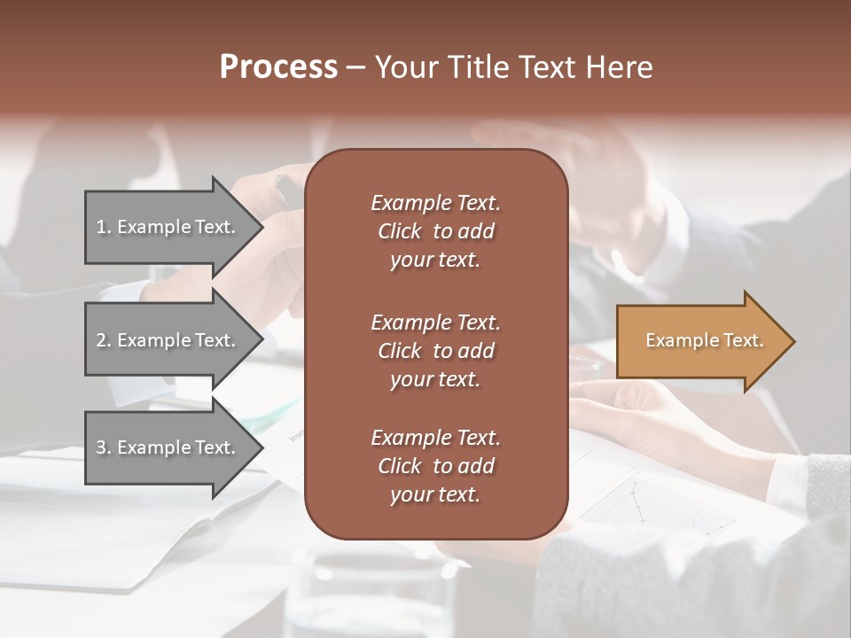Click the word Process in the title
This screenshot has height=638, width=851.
278,67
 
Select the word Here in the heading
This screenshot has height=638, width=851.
620,67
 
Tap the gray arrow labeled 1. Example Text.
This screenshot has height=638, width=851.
168,227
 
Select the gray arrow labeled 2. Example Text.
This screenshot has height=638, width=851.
168,340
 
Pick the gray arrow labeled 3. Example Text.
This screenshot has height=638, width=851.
168,448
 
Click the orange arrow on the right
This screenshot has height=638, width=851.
700,341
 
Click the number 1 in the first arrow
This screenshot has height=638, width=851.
101,227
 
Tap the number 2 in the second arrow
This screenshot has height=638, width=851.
101,340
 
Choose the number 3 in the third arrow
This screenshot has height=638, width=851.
101,448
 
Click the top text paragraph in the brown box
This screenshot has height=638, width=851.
435,231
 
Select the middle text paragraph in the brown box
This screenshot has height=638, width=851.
435,350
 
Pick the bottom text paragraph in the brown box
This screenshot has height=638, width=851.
435,466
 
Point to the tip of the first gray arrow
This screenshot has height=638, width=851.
262,227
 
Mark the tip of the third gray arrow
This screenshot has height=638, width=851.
262,448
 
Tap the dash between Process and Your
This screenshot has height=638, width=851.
356,67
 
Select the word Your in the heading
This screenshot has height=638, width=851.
405,67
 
